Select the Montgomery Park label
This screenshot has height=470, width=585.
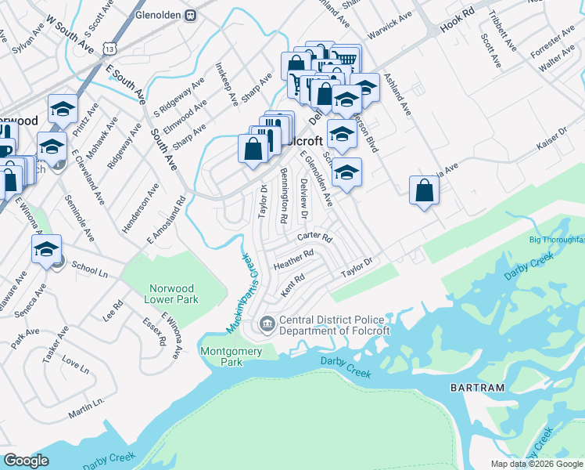point(231,356)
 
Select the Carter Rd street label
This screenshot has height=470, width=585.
point(314,237)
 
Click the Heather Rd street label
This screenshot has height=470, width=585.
point(293,259)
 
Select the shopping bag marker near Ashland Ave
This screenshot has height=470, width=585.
point(423,190)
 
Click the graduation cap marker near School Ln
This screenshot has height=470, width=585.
point(46,249)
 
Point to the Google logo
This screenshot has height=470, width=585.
point(26,461)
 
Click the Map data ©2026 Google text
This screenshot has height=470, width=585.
point(536,464)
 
